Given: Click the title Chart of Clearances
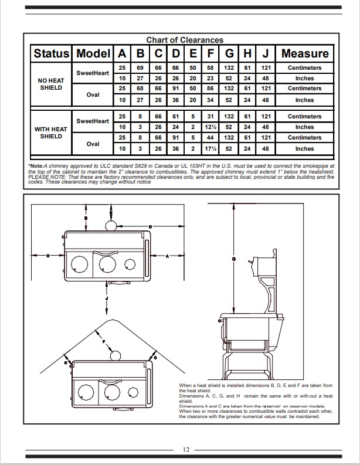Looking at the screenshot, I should [184, 40].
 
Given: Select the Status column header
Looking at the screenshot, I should [52, 53].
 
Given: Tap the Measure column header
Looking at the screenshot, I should [304, 53].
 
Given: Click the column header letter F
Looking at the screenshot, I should [210, 53].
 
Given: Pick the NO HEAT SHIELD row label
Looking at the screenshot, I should [52, 84].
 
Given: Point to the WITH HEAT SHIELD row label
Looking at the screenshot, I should [52, 133].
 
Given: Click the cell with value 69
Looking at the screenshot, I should [140, 68].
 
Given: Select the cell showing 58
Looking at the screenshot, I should [210, 68].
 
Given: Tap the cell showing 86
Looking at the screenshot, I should [210, 89].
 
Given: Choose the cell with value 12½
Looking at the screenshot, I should [210, 127].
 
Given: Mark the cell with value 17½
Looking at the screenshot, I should [210, 149].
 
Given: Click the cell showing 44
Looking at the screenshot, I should [210, 138].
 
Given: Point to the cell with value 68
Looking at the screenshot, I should [140, 89].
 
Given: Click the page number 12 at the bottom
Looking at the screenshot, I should [185, 450].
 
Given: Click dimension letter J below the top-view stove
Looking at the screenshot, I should [107, 298].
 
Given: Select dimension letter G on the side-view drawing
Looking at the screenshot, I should [234, 259].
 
